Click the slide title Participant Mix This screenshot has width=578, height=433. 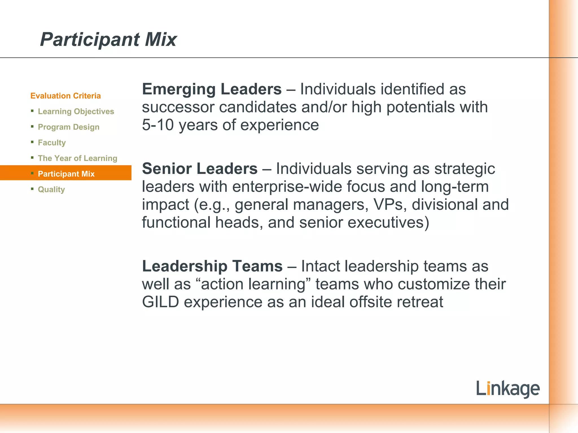click(x=108, y=39)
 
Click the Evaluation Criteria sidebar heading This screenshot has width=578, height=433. click(x=65, y=96)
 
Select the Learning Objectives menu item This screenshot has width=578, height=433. click(x=76, y=111)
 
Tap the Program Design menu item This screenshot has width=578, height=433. click(x=69, y=127)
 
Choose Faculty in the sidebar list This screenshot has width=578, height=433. click(x=52, y=142)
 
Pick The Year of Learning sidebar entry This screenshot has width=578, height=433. click(x=78, y=158)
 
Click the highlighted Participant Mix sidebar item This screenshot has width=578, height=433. click(x=66, y=174)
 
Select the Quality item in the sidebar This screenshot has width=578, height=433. click(x=51, y=189)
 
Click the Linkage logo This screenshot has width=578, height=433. click(x=508, y=389)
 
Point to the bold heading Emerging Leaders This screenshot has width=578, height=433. click(x=212, y=89)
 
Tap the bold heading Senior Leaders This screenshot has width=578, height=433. click(x=200, y=169)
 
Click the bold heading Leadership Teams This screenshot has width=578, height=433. click(x=212, y=266)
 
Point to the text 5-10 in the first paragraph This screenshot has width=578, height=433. click(x=158, y=125)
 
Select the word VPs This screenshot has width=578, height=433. click(x=390, y=205)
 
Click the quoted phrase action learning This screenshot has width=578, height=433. click(x=253, y=284)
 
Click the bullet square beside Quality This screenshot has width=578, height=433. click(x=32, y=189)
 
